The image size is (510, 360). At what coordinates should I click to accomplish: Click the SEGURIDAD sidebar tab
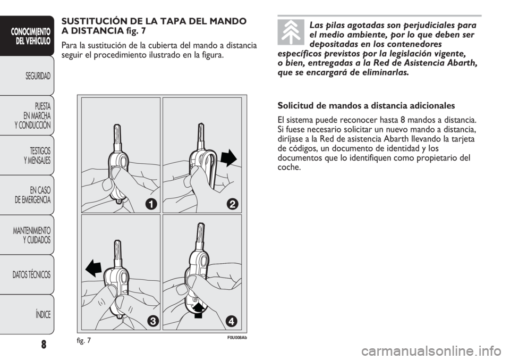click(27, 76)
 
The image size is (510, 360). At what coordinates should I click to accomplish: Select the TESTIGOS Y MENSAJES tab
click(27, 155)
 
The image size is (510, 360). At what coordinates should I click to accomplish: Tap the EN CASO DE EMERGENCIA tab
click(27, 195)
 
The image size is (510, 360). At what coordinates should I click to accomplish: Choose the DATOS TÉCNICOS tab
click(27, 274)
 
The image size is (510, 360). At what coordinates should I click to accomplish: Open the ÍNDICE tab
click(27, 314)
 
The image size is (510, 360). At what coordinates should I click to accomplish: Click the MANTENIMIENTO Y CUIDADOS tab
click(27, 235)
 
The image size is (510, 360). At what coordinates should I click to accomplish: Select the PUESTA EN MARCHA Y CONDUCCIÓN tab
click(27, 115)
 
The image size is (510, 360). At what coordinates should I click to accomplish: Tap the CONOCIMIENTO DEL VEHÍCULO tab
click(27, 36)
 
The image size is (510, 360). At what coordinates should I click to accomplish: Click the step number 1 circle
click(151, 204)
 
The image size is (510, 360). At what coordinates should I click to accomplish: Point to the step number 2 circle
click(233, 204)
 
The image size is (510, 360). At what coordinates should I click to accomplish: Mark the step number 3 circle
click(151, 321)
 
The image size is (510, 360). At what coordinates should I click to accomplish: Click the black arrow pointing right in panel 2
click(229, 158)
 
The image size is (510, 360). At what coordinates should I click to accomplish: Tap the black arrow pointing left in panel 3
click(94, 267)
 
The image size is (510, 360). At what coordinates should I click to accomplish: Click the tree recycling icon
click(291, 32)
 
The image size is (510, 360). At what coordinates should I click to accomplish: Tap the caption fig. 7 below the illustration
click(84, 340)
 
